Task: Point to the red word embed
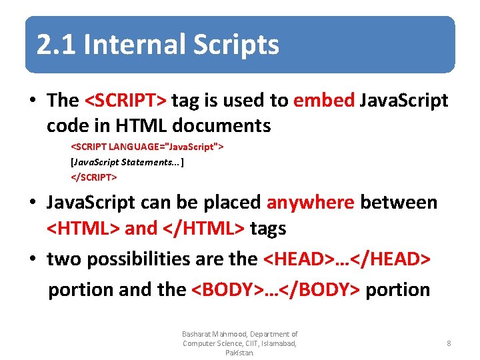[x=324, y=101]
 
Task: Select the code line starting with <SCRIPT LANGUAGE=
[x=147, y=146]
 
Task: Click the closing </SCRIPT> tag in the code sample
[x=94, y=177]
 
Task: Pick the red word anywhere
[x=310, y=203]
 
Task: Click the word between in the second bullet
[x=399, y=203]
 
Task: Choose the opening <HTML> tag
[x=83, y=229]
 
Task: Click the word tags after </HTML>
[x=268, y=229]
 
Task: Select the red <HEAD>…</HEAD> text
[x=347, y=259]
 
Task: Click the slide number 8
[x=449, y=343]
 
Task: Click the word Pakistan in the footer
[x=239, y=353]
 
